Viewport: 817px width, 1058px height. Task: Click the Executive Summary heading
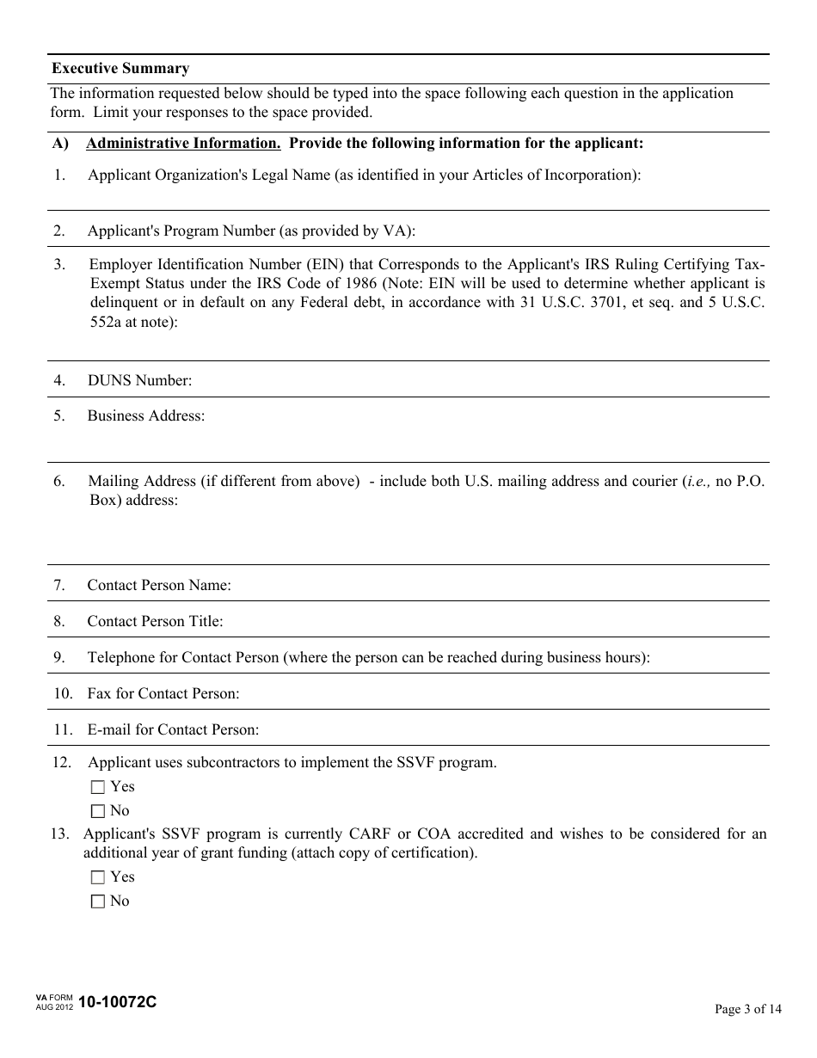point(120,69)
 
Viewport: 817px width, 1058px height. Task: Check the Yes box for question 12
point(97,787)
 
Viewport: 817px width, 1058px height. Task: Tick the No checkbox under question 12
point(97,811)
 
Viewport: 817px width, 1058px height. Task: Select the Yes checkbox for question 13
point(97,877)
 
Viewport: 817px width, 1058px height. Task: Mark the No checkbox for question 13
point(97,901)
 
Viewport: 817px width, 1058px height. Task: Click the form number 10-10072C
point(118,1002)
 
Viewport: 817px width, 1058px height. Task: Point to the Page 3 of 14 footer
point(748,1010)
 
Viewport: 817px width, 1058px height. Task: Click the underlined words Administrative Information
point(183,144)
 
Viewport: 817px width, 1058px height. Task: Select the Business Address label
point(146,416)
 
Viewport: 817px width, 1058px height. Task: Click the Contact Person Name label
point(159,586)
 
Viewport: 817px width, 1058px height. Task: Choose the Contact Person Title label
point(155,622)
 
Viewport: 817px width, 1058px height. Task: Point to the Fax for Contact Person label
point(163,693)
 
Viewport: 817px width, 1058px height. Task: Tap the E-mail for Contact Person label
point(173,730)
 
